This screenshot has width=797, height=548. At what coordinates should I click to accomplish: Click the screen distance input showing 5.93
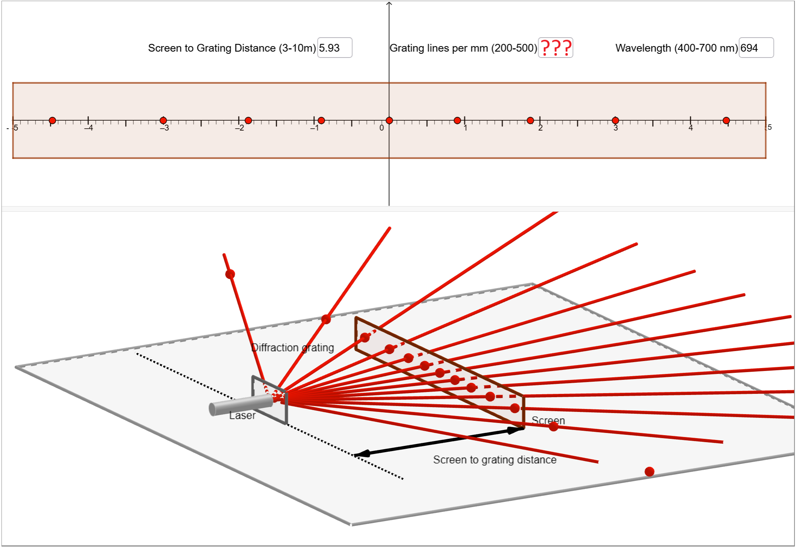coord(334,48)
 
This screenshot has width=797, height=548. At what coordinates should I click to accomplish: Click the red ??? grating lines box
coord(556,48)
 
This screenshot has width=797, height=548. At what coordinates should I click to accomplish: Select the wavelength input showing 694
coord(756,48)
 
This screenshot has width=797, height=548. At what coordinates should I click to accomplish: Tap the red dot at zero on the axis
coord(389,121)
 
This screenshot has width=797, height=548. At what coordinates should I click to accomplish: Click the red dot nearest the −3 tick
coord(163,121)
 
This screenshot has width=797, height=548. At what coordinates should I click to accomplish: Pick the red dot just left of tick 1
coord(457,121)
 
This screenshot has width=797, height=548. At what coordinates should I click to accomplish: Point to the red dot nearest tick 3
coord(615,121)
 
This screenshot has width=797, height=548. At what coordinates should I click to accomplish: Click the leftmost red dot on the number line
coord(52,121)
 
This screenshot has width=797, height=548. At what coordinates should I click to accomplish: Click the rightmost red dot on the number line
coord(726,121)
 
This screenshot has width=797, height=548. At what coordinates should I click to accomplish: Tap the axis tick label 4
coord(691,128)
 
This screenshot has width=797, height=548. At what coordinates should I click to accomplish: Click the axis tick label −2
coord(240,128)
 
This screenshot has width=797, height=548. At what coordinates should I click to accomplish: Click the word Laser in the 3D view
coord(242,416)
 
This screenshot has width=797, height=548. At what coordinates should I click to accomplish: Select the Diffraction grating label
coord(292,348)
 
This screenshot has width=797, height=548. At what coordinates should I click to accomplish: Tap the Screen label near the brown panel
coord(548,420)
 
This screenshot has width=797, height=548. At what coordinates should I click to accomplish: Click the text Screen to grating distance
coord(495,460)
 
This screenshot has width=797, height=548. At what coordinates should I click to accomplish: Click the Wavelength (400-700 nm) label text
coord(676,48)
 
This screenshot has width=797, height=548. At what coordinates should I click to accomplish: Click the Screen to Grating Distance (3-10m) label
coord(232,48)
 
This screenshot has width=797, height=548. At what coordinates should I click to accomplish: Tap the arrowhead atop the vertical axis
coord(389,4)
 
